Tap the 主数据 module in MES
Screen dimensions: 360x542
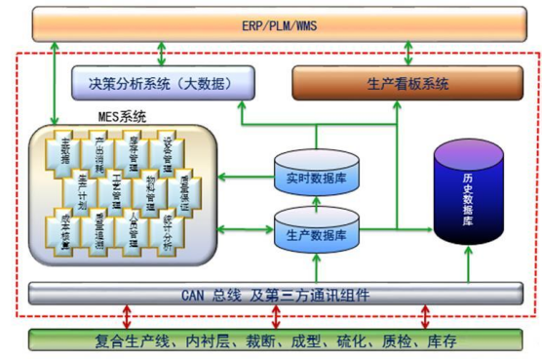click(67, 149)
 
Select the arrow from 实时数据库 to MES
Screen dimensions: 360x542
click(245, 177)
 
